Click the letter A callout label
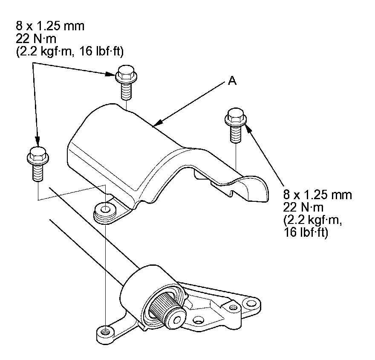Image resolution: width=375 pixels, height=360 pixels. coord(232,81)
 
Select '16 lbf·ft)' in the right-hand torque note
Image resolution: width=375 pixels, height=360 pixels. coord(305,234)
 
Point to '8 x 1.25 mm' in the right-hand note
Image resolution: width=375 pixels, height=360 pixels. coord(317,195)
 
